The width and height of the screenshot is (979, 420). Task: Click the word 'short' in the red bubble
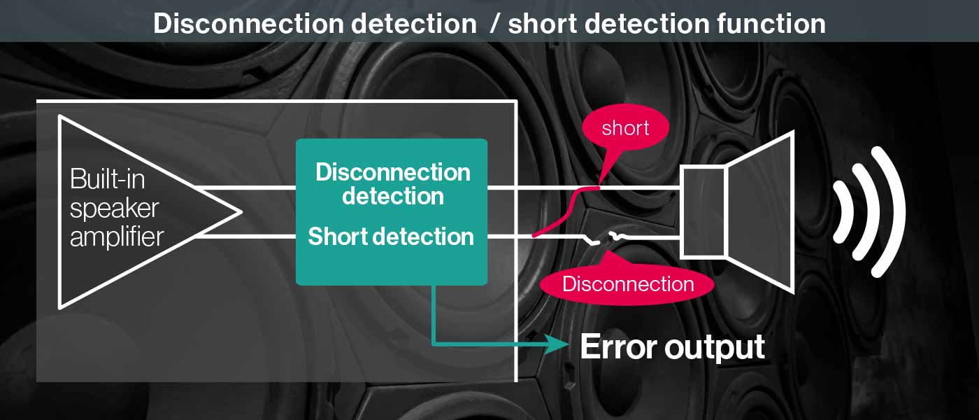click(x=625, y=128)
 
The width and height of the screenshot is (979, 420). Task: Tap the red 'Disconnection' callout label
click(x=628, y=284)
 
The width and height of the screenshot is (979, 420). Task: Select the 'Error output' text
click(x=672, y=346)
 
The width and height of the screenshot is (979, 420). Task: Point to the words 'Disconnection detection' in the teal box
click(x=392, y=183)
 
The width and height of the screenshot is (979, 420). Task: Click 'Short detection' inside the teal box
click(x=391, y=237)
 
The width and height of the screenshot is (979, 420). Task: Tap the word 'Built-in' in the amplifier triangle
click(x=107, y=179)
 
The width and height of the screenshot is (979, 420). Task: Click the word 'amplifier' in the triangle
click(x=116, y=237)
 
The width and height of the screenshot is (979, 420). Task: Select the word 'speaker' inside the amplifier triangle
click(x=114, y=208)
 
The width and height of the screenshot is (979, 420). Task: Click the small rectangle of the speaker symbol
click(x=704, y=211)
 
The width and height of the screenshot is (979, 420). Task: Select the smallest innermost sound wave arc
click(x=842, y=211)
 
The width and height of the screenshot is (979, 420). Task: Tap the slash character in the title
click(x=494, y=23)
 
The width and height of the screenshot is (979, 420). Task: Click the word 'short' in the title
click(x=541, y=23)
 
